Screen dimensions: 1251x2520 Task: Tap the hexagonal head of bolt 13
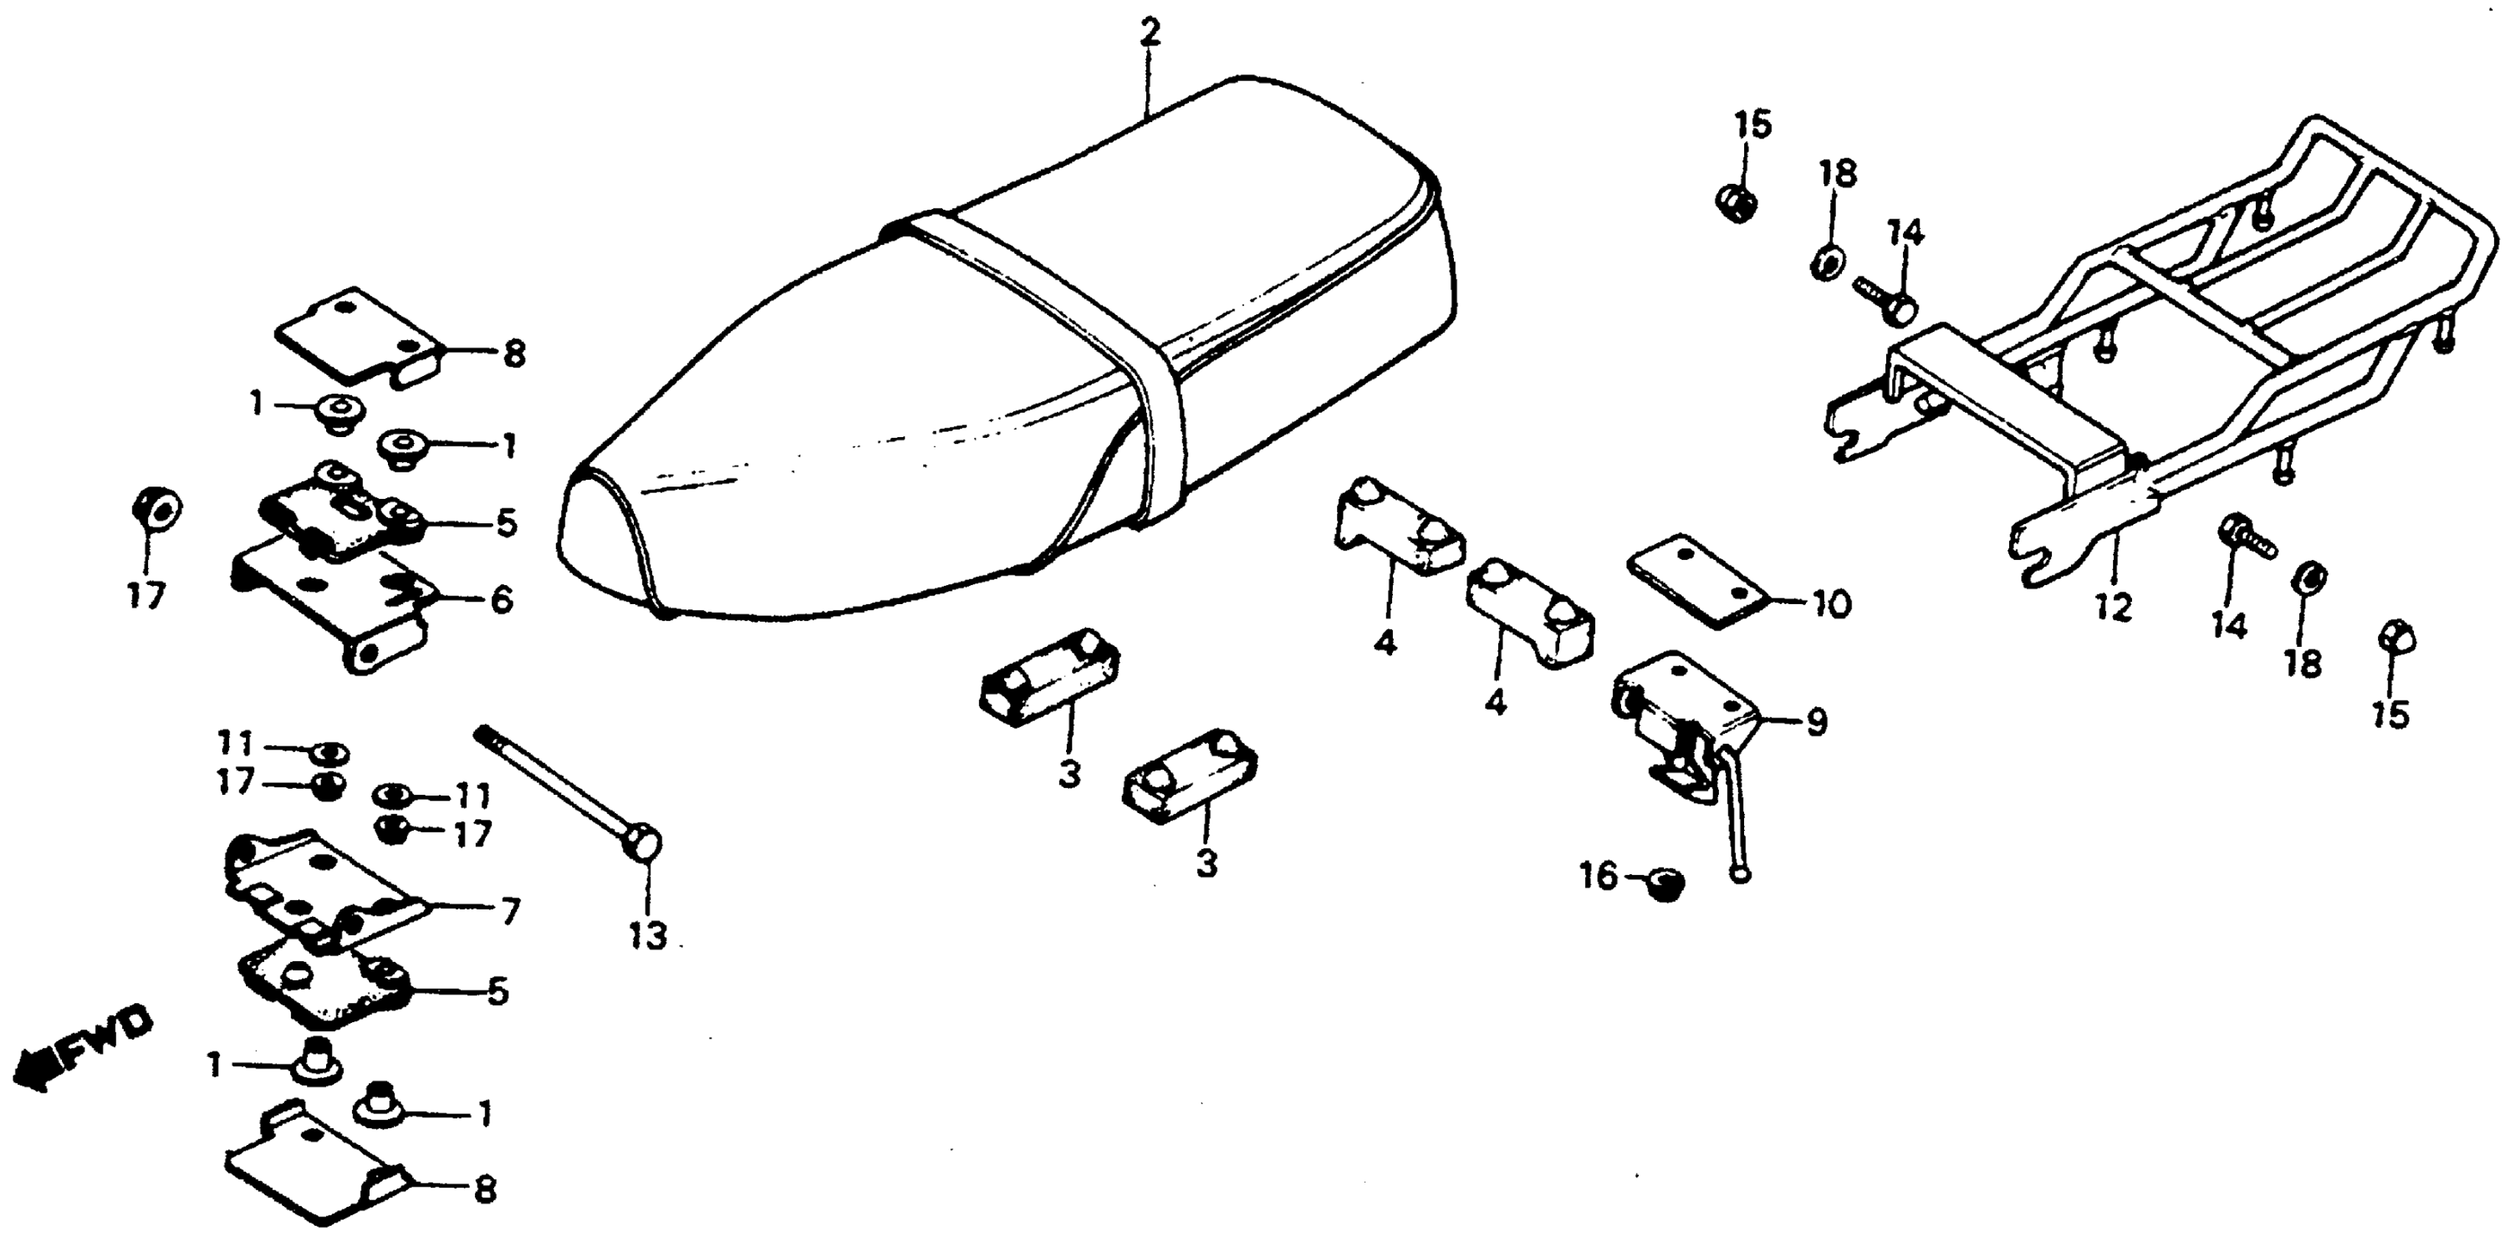click(x=646, y=843)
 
